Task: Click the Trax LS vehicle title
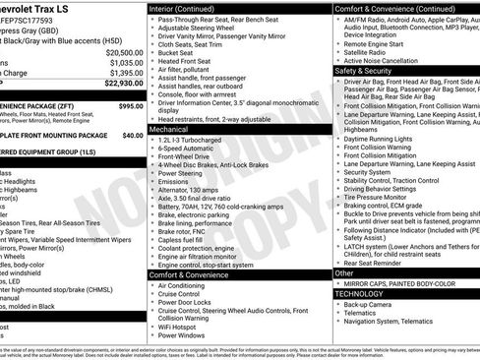(44, 9)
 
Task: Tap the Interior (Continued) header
(184, 8)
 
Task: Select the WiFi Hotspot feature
(181, 325)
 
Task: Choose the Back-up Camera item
(368, 305)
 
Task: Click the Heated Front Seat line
(185, 62)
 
